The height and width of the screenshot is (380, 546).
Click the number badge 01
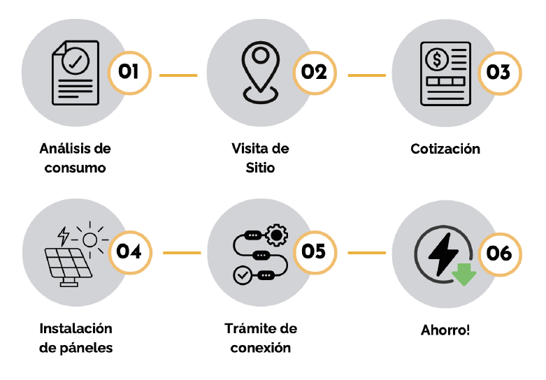[x=129, y=72]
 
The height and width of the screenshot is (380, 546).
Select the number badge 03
[x=498, y=72]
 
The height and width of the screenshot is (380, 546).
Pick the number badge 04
[x=129, y=251]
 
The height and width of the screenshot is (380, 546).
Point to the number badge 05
[x=314, y=251]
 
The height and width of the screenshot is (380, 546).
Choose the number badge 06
[x=498, y=252]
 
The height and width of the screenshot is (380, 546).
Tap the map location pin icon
[x=259, y=70]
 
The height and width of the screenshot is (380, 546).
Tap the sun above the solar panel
[x=89, y=240]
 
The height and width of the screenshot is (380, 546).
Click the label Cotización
[x=445, y=149]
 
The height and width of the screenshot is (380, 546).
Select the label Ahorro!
[x=445, y=329]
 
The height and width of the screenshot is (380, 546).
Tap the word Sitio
[x=260, y=168]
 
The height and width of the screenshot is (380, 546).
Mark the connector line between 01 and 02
[x=178, y=74]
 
